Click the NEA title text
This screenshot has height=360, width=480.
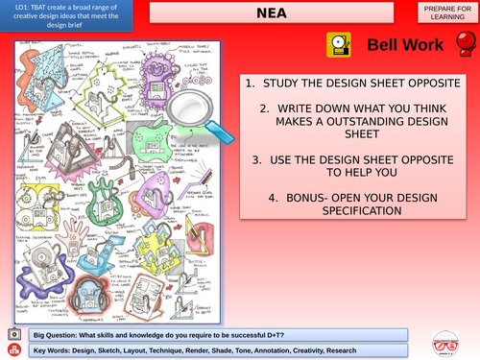click(x=273, y=14)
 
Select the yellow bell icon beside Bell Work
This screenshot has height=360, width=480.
click(x=337, y=44)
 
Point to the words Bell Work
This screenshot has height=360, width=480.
click(x=404, y=45)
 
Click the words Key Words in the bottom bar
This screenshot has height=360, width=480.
click(x=54, y=349)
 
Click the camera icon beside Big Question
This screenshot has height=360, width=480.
click(x=12, y=333)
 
